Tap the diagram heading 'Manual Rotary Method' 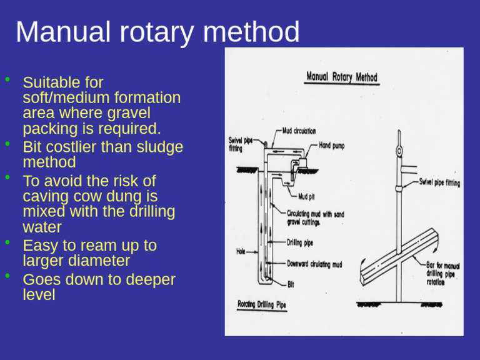tap(341, 77)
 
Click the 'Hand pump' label tap(331, 146)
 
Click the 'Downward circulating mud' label tap(314, 264)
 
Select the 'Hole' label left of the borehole tap(241, 252)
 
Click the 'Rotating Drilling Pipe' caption tap(262, 305)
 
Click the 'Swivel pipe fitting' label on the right tap(439, 183)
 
